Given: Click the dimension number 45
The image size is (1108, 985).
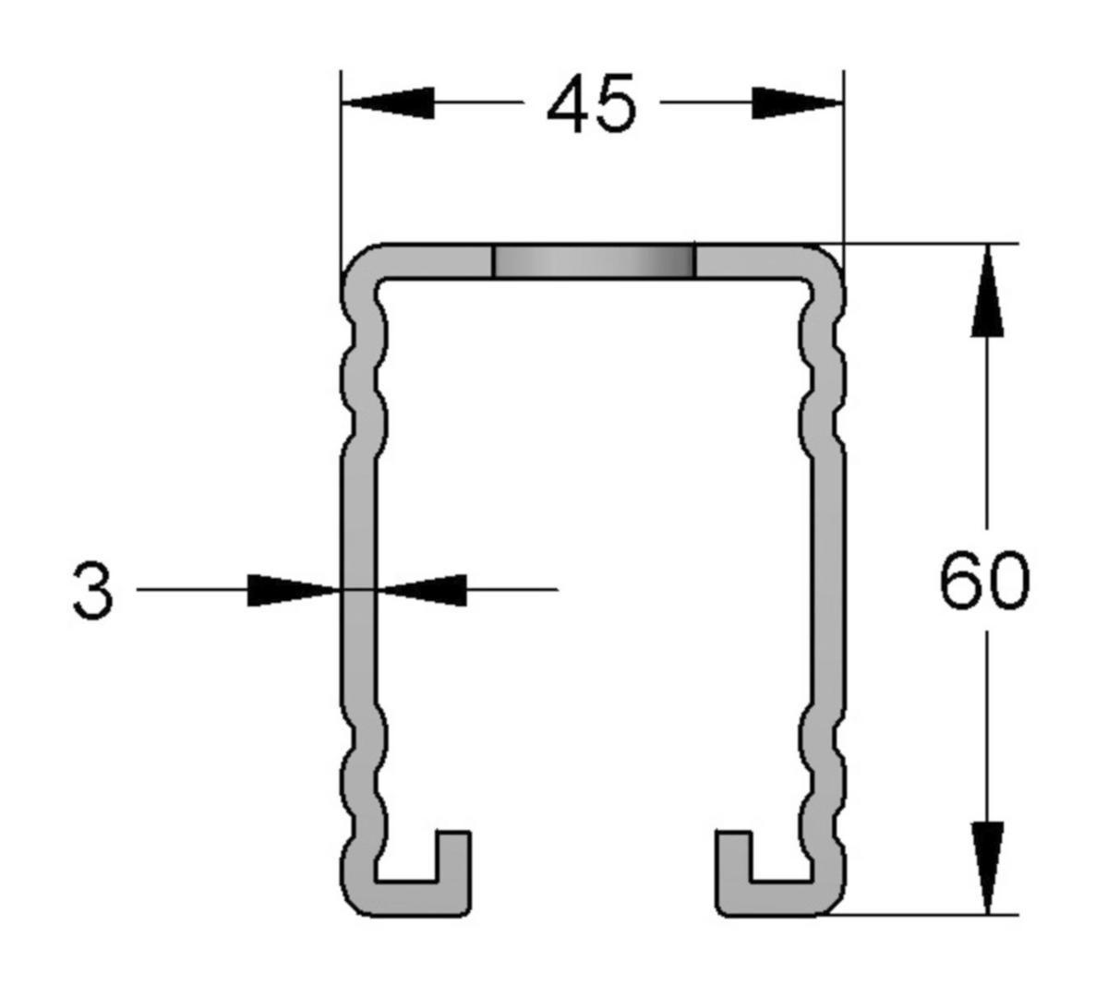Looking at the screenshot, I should [x=591, y=103].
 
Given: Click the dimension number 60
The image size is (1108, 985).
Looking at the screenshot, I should [x=982, y=582].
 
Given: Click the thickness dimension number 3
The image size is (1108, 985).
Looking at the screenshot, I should [x=92, y=591].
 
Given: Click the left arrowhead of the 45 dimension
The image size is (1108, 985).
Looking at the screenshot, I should [x=388, y=102].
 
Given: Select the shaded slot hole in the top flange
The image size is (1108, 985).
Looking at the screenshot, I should [x=594, y=261].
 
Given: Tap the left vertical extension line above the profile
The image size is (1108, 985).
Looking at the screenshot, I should [x=341, y=166].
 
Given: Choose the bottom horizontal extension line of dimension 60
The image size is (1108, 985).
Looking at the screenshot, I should [x=923, y=915].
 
